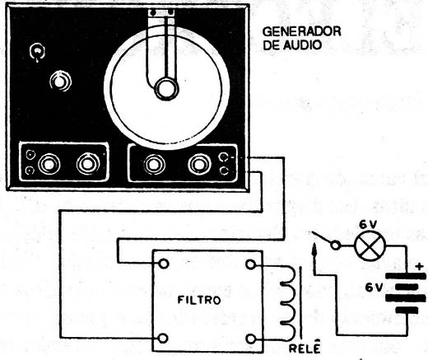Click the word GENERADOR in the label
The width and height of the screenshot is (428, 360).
(301, 31)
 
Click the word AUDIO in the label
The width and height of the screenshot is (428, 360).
(302, 45)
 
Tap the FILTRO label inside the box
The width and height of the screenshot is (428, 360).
(199, 300)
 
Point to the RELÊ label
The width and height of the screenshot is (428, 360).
(305, 348)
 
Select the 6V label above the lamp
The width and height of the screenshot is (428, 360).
(368, 225)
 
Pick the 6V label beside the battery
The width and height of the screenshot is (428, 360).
(374, 288)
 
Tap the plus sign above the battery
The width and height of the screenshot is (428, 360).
(420, 266)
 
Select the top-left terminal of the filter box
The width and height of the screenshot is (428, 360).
(164, 264)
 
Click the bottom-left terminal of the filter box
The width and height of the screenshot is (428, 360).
(164, 338)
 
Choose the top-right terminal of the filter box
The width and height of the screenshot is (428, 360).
(250, 264)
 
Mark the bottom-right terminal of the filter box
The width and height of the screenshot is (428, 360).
(250, 339)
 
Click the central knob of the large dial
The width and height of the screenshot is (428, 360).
(165, 88)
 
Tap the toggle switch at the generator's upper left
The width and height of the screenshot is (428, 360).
(37, 52)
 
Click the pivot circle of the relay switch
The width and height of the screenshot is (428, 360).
(335, 245)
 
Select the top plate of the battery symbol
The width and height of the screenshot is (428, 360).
(406, 276)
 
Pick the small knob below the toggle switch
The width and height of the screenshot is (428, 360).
(61, 81)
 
